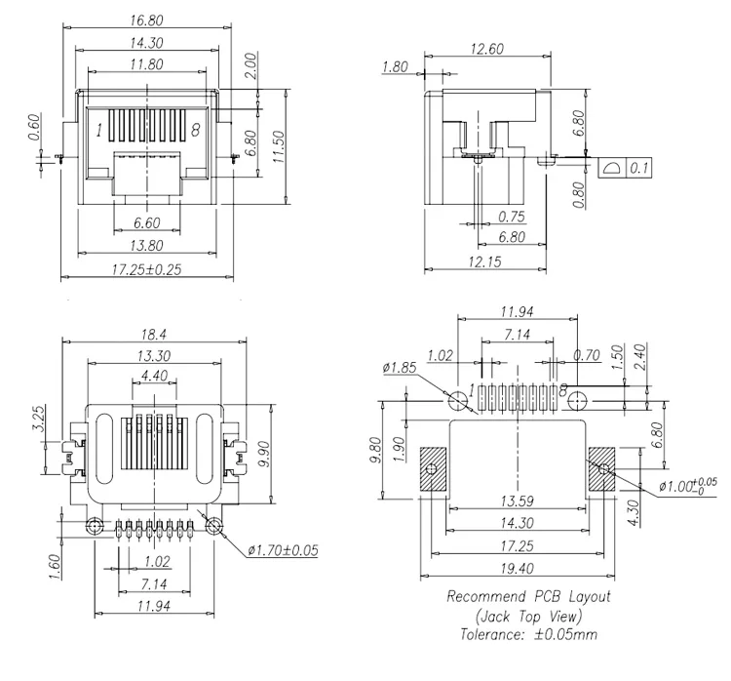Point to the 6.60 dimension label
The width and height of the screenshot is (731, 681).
[x=146, y=222]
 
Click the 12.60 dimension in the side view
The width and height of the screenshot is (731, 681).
[x=486, y=50]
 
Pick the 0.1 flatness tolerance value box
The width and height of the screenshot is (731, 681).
[x=640, y=169]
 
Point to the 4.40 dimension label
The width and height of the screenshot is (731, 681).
[x=153, y=375]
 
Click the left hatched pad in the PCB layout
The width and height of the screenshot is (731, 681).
[x=432, y=469]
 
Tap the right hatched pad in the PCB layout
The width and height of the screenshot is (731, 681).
[x=602, y=469]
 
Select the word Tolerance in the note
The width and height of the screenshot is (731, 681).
[x=491, y=633]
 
